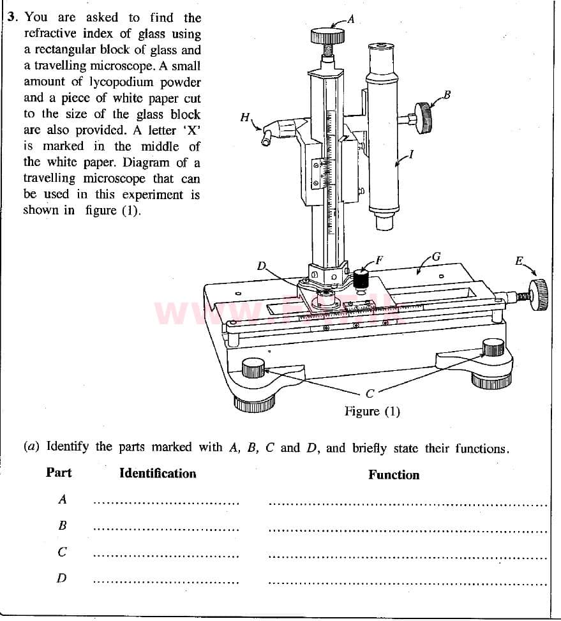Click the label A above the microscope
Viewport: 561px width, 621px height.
coord(350,19)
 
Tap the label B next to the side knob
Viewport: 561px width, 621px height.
coord(447,96)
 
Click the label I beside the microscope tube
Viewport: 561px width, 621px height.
coord(411,153)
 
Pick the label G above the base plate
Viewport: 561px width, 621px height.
coord(437,257)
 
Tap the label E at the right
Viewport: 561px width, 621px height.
coord(520,261)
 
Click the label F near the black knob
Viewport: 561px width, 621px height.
coord(380,260)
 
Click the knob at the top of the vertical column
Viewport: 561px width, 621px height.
coord(327,36)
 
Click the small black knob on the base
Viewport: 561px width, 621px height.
coord(361,279)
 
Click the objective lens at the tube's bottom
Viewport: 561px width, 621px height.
coord(383,223)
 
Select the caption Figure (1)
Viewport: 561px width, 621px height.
coord(372,411)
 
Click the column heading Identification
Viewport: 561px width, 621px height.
coord(158,474)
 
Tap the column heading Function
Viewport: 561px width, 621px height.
coord(394,475)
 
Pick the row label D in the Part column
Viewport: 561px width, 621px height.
coord(61,578)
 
